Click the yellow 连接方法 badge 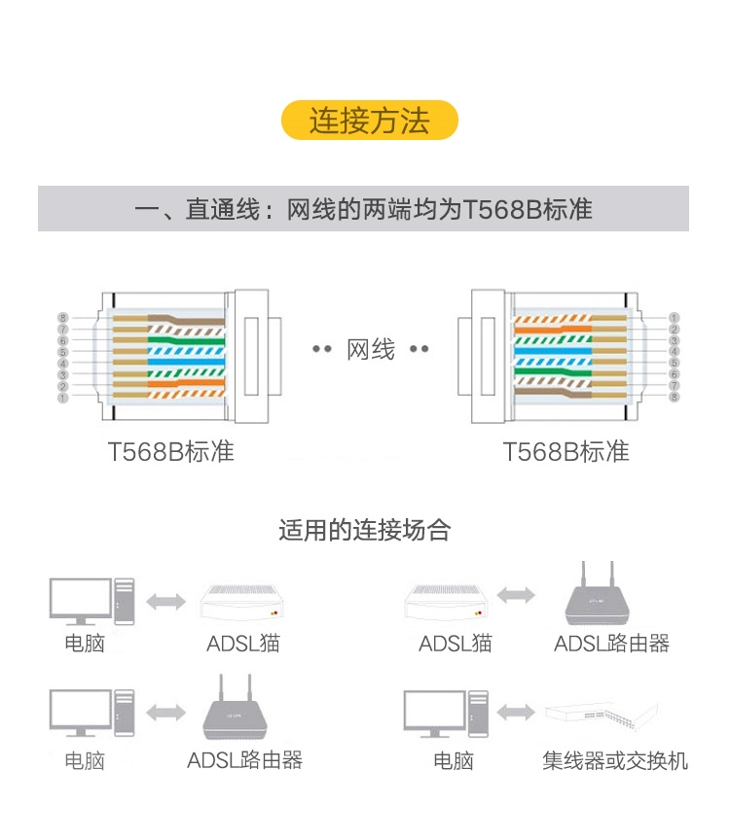(x=369, y=121)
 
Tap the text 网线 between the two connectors (x=371, y=350)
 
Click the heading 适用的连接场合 (x=365, y=531)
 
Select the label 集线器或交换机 (x=615, y=760)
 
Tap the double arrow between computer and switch (x=516, y=713)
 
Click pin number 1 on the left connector (x=63, y=398)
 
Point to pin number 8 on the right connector (x=674, y=398)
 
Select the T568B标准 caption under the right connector (x=566, y=452)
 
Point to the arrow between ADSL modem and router (x=516, y=595)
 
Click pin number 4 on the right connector (x=674, y=351)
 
